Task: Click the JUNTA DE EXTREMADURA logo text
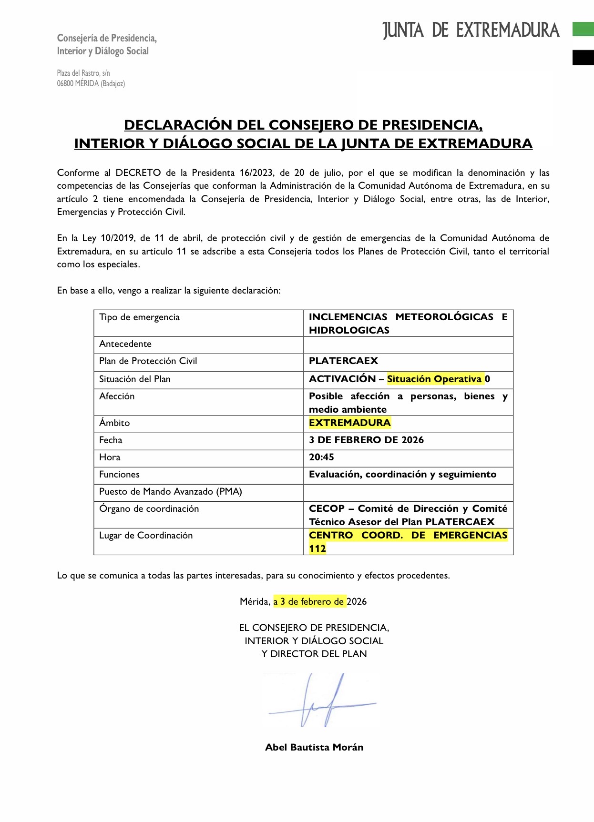[x=471, y=30]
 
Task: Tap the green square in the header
[x=583, y=29]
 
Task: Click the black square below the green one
[x=583, y=57]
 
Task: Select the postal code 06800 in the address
[x=65, y=84]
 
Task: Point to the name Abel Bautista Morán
[x=314, y=747]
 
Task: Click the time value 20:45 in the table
[x=321, y=457]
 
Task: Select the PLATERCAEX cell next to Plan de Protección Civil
[x=343, y=361]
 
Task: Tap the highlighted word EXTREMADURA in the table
[x=349, y=423]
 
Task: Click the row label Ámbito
[x=114, y=423]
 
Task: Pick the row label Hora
[x=110, y=457]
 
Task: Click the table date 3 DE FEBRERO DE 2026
[x=366, y=440]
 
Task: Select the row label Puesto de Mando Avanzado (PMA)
[x=170, y=492]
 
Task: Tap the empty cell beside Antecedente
[x=408, y=344]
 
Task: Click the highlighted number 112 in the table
[x=317, y=548]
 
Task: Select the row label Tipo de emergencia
[x=139, y=317]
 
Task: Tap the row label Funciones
[x=119, y=475]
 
